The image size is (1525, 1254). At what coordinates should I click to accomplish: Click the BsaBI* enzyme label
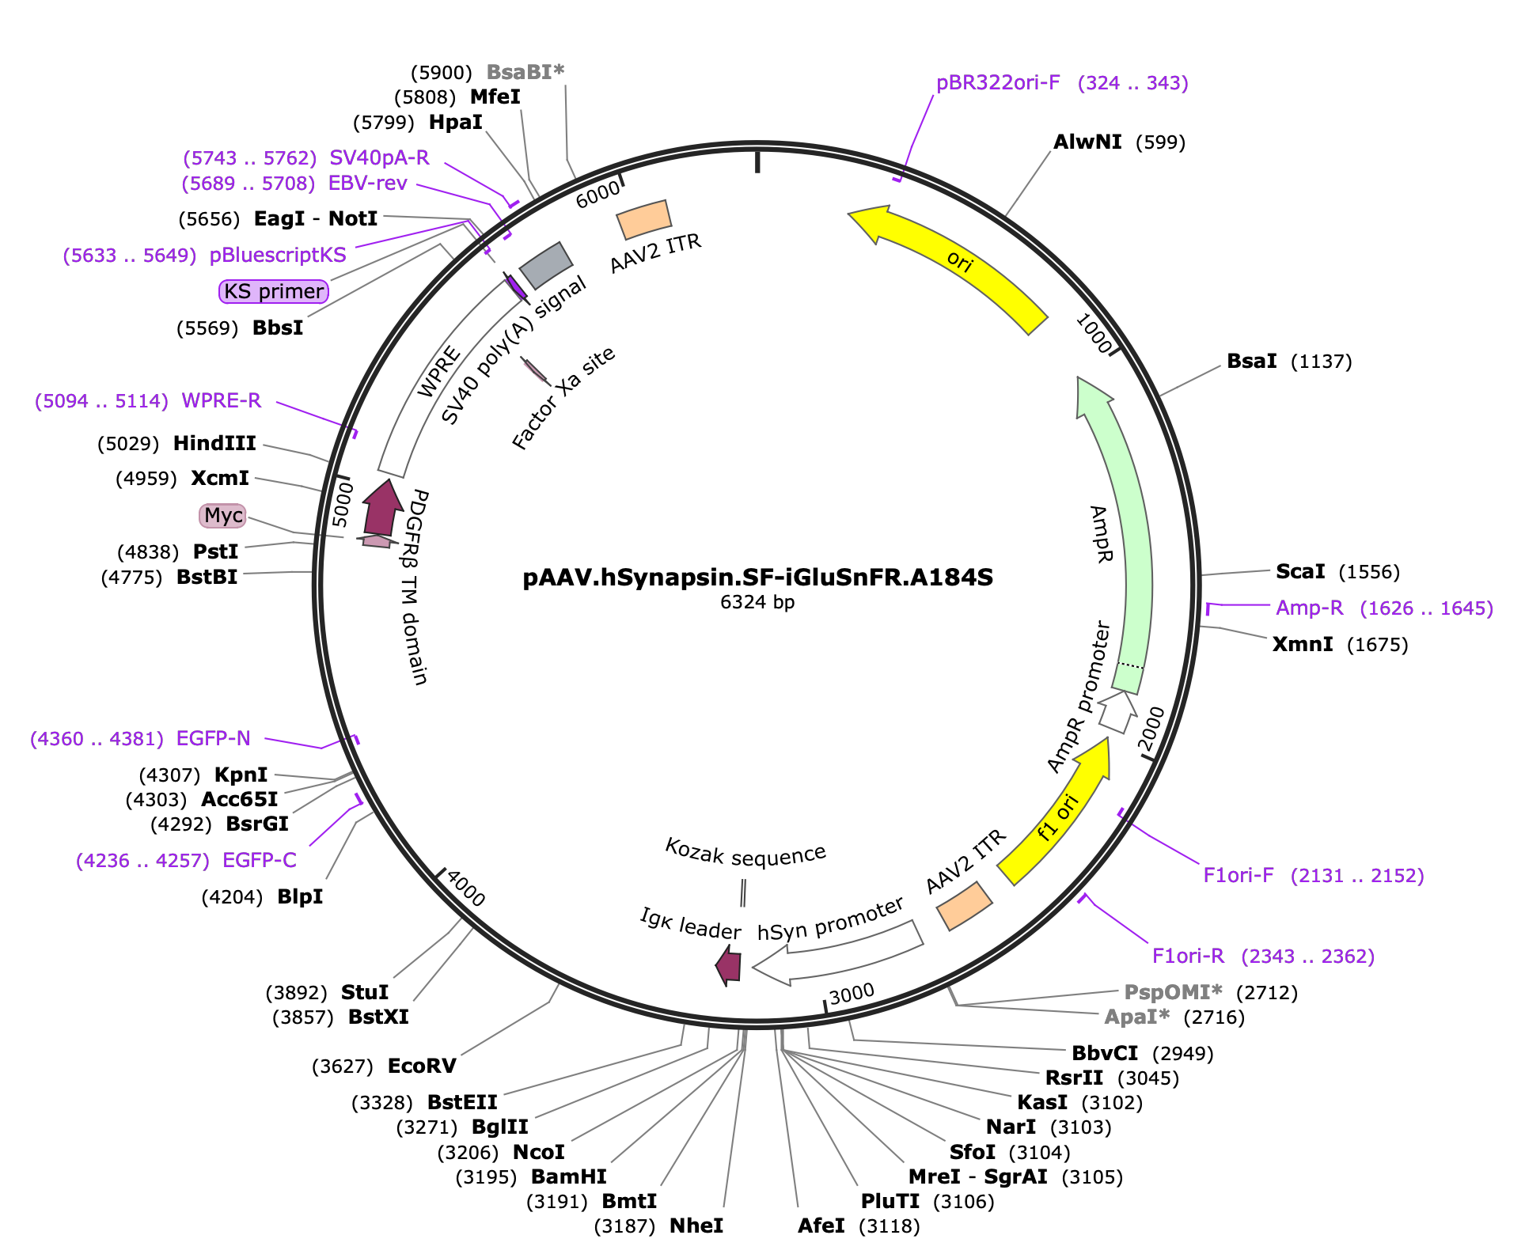coord(525,72)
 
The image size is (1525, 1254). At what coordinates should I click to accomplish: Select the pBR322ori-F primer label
coord(998,83)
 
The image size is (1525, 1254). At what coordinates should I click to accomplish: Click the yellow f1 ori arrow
coord(1056,819)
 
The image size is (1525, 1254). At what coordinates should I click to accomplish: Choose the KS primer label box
coord(273,292)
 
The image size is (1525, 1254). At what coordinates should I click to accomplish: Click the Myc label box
coord(223,516)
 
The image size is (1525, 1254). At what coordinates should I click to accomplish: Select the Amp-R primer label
coord(1309,608)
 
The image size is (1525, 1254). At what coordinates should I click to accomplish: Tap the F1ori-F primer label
coord(1239,875)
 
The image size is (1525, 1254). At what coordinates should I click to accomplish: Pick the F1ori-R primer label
coord(1188,956)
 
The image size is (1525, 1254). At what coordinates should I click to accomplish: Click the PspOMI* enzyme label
coord(1173,992)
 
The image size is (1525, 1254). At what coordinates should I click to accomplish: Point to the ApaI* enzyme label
coord(1136,1017)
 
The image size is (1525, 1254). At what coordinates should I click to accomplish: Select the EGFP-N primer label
coord(214,738)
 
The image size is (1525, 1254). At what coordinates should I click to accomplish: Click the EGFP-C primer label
coord(260,860)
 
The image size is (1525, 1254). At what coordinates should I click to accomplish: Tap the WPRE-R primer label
coord(222,400)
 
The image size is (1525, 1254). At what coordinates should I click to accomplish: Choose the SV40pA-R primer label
coord(379,157)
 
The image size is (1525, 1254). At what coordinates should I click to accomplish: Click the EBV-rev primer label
coord(368,183)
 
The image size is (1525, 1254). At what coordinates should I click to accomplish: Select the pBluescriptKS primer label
coord(278,255)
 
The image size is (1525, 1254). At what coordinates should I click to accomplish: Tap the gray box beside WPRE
coord(545,265)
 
